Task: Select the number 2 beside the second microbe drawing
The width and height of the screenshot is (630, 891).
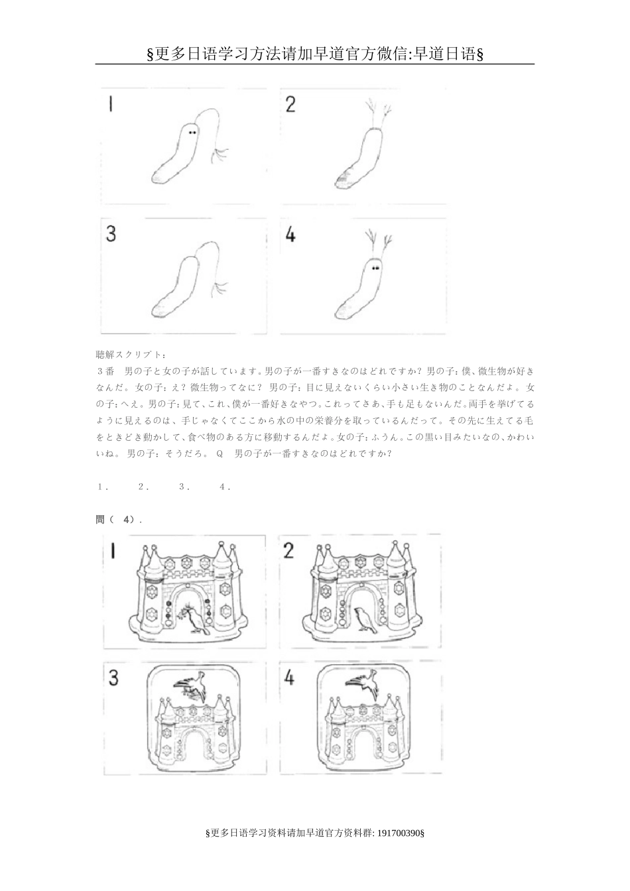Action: coord(290,104)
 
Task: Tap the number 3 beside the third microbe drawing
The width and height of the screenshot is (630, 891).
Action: coord(111,234)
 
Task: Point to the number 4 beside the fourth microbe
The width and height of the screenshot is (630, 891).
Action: coord(290,235)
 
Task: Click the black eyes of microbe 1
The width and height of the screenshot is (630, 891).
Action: coord(192,133)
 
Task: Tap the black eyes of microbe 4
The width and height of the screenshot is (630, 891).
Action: coord(375,267)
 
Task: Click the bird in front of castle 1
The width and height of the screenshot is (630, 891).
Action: coord(196,620)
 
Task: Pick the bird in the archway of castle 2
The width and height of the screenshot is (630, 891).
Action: coord(363,618)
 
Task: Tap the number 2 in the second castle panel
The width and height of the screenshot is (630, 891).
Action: coord(288,550)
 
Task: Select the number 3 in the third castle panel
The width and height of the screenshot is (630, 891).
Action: coord(113,678)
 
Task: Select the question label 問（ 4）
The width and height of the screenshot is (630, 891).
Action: coord(119,520)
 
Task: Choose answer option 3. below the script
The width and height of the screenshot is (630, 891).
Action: coord(184,487)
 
